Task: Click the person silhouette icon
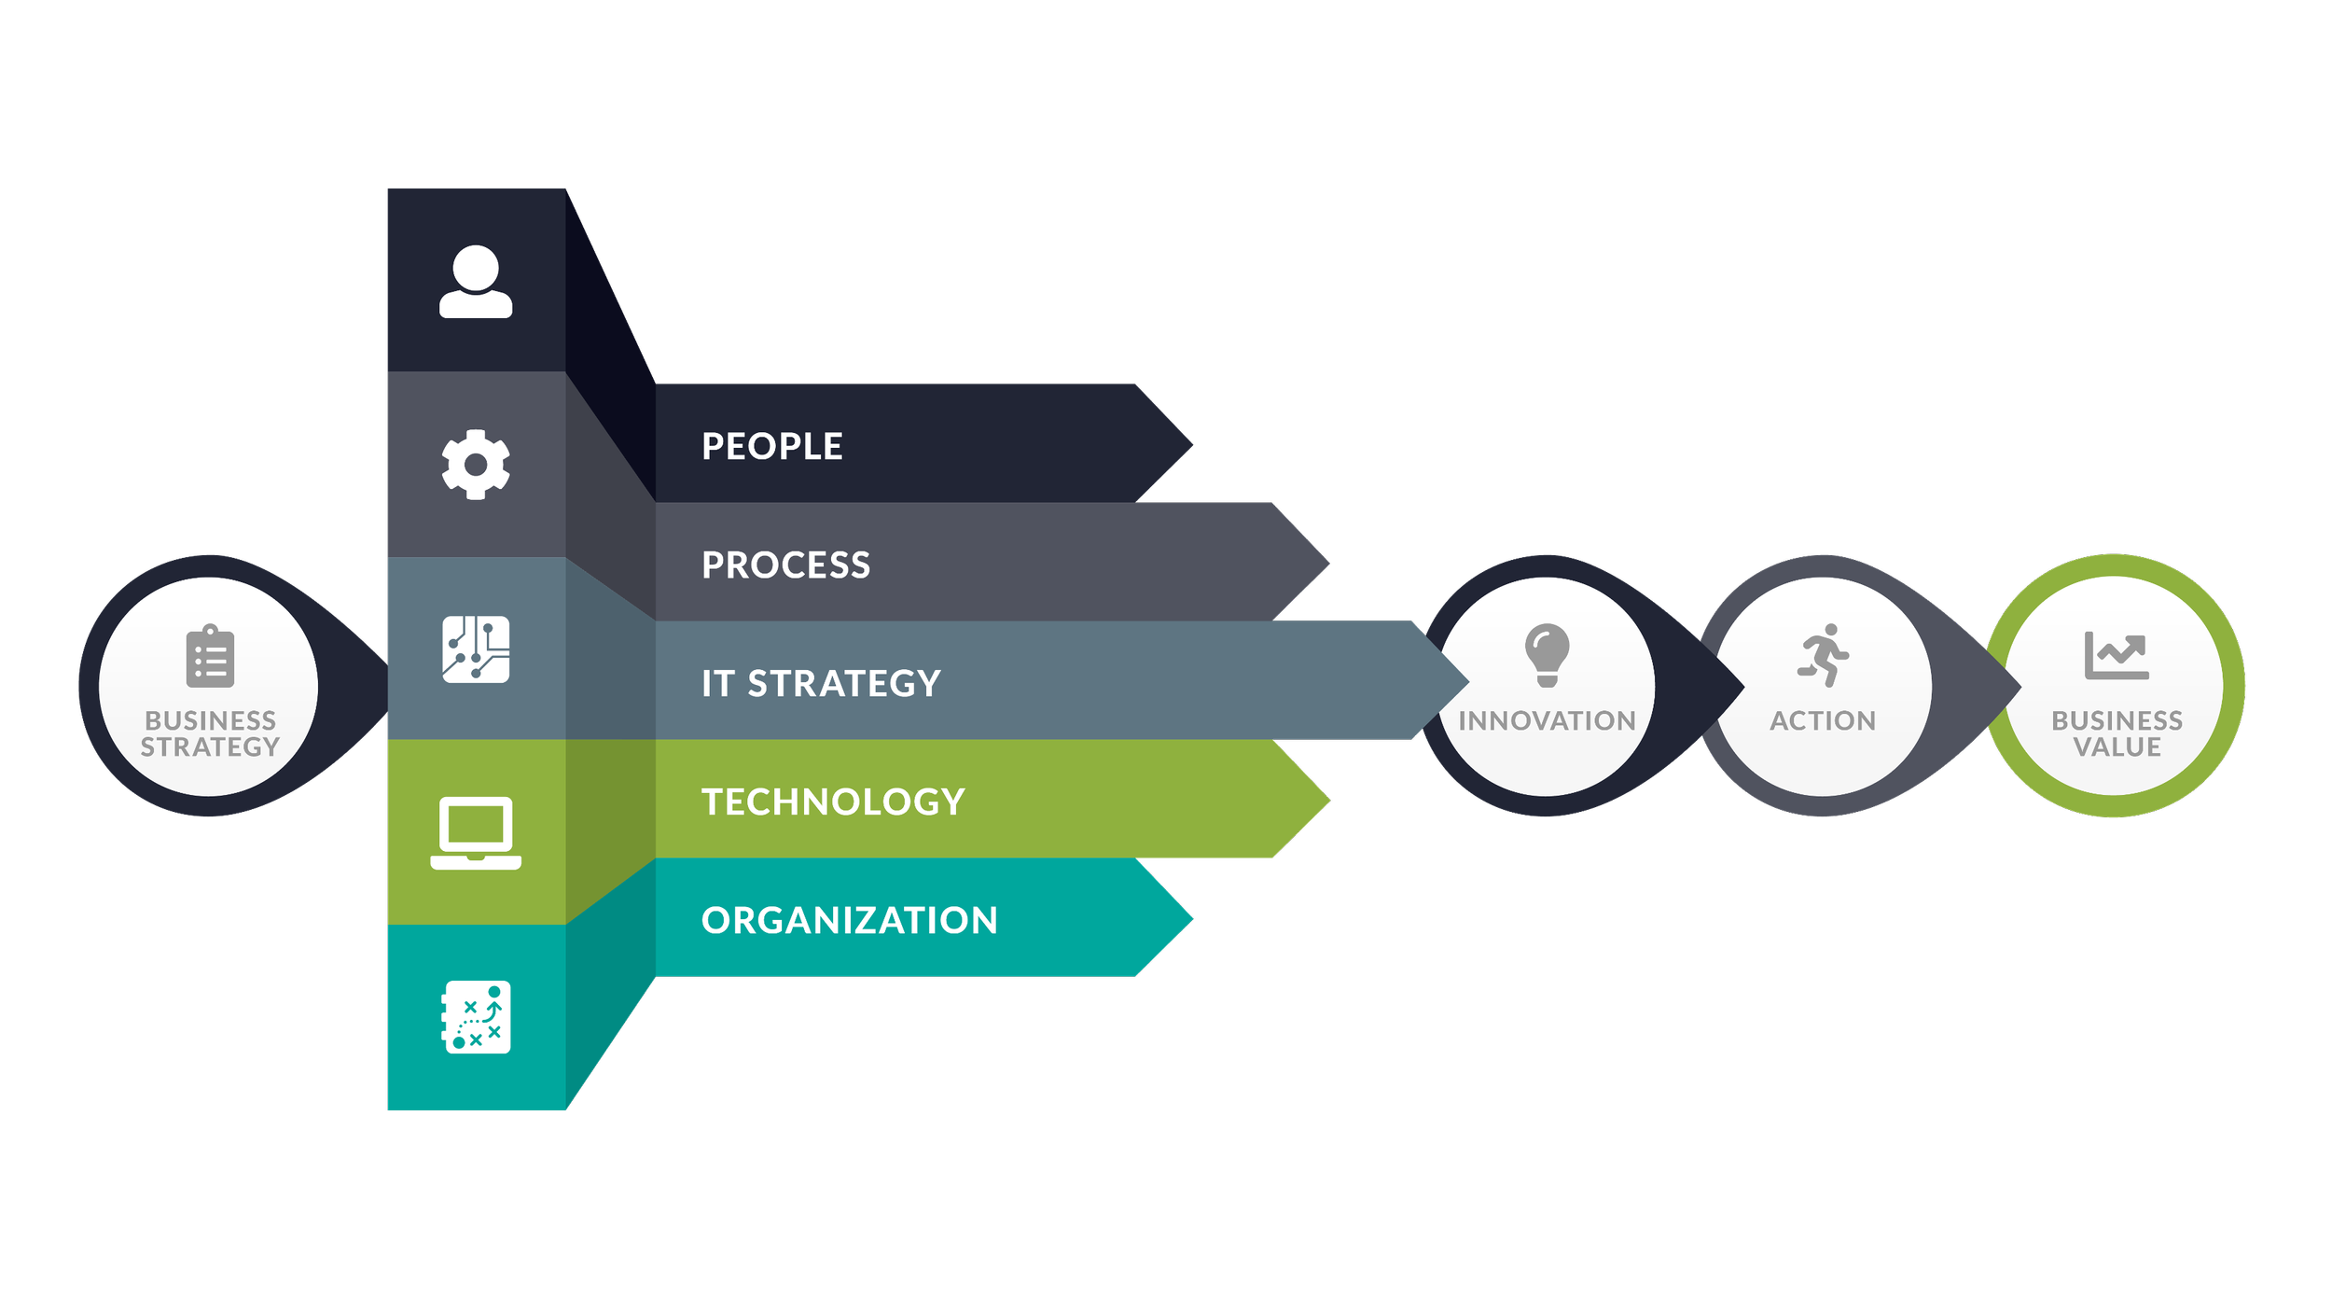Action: click(476, 282)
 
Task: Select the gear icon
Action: click(476, 465)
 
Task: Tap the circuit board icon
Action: click(476, 649)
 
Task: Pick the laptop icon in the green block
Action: click(476, 832)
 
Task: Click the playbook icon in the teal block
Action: click(476, 1017)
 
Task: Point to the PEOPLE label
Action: click(771, 447)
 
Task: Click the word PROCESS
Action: click(785, 565)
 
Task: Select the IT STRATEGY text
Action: click(821, 684)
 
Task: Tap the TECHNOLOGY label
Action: click(833, 802)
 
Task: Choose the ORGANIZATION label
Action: click(849, 921)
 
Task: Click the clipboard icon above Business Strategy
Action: click(210, 657)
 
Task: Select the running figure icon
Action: click(1823, 655)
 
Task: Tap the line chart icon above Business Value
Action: click(2117, 655)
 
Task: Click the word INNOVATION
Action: click(1547, 721)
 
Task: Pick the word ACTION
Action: click(1823, 721)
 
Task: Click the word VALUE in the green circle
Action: click(2117, 747)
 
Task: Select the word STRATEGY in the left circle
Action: click(210, 747)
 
